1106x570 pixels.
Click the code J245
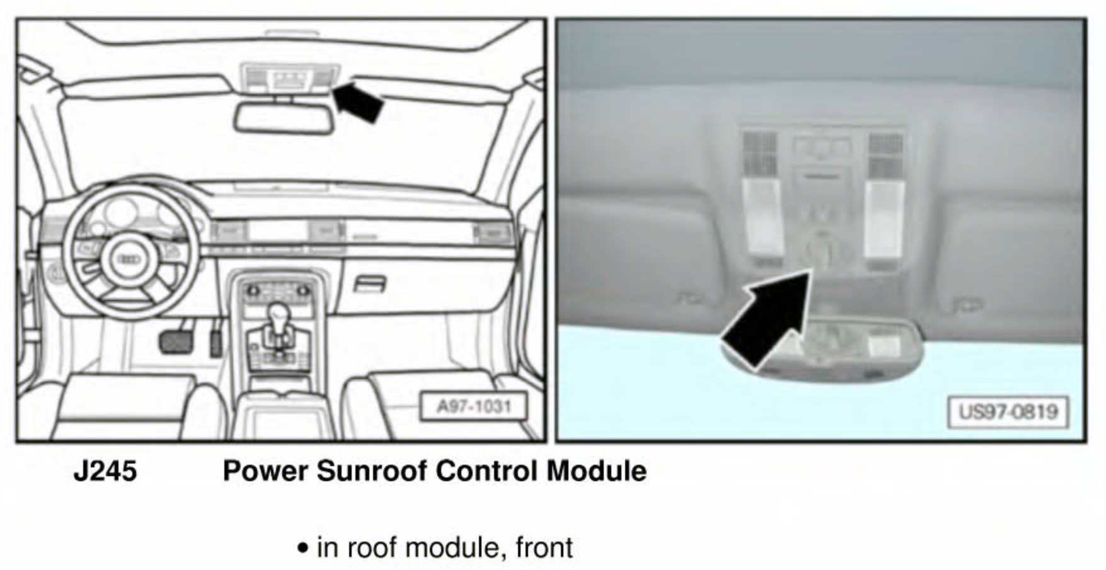point(105,471)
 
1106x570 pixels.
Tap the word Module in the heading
point(596,471)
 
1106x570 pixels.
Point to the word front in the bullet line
point(544,547)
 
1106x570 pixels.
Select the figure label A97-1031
point(474,406)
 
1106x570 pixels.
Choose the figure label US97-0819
point(1008,412)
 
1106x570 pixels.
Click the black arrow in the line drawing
point(359,101)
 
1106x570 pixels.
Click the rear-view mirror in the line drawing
point(284,118)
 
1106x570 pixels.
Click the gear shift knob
point(277,312)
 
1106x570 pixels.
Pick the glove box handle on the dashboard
point(370,284)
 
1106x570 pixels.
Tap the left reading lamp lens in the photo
point(762,218)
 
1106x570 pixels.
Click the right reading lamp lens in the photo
point(884,218)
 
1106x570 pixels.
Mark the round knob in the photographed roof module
point(822,248)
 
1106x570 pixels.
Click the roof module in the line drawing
point(291,79)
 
